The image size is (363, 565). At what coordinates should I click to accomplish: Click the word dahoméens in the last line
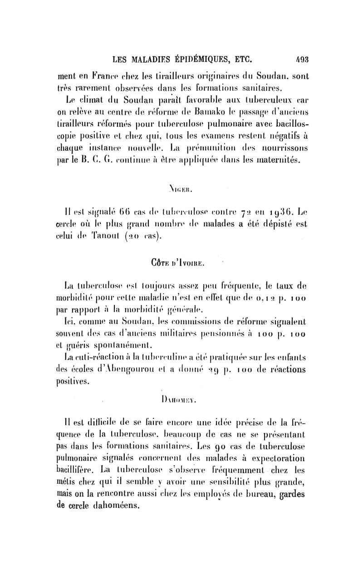115,507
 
